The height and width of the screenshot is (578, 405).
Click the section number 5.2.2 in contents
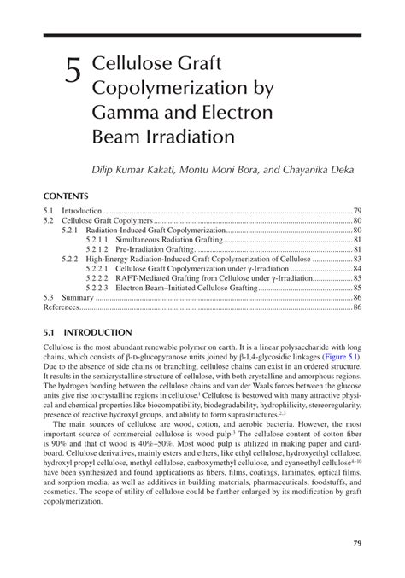pyautogui.click(x=70, y=259)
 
